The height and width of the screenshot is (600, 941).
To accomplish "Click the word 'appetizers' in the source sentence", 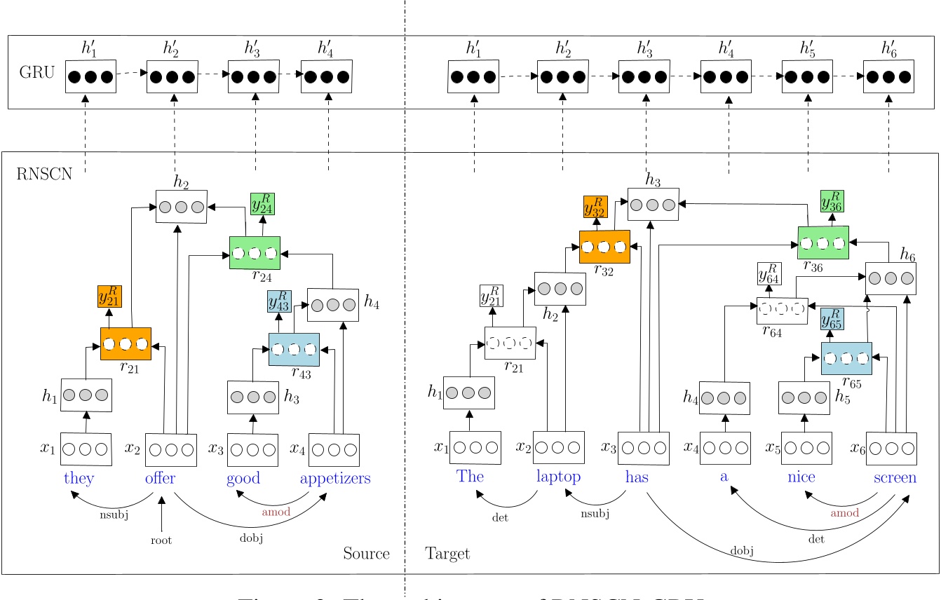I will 334,479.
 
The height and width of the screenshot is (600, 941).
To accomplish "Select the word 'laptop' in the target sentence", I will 558,477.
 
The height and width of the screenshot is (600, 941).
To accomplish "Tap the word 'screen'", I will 894,477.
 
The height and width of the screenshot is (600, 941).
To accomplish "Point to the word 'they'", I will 78,479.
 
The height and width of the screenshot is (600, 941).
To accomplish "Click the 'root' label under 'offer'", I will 161,540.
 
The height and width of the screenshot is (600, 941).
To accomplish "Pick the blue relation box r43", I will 294,348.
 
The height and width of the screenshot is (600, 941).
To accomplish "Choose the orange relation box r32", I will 604,247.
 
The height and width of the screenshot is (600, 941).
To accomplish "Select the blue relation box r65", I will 846,358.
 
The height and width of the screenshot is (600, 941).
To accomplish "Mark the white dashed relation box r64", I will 782,311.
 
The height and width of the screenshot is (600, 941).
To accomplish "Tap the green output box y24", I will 263,204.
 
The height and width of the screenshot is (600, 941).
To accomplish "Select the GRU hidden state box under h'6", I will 888,77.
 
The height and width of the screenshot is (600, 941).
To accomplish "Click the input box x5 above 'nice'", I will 806,448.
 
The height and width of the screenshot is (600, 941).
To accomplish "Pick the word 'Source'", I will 366,554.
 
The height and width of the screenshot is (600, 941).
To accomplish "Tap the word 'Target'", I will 447,554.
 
